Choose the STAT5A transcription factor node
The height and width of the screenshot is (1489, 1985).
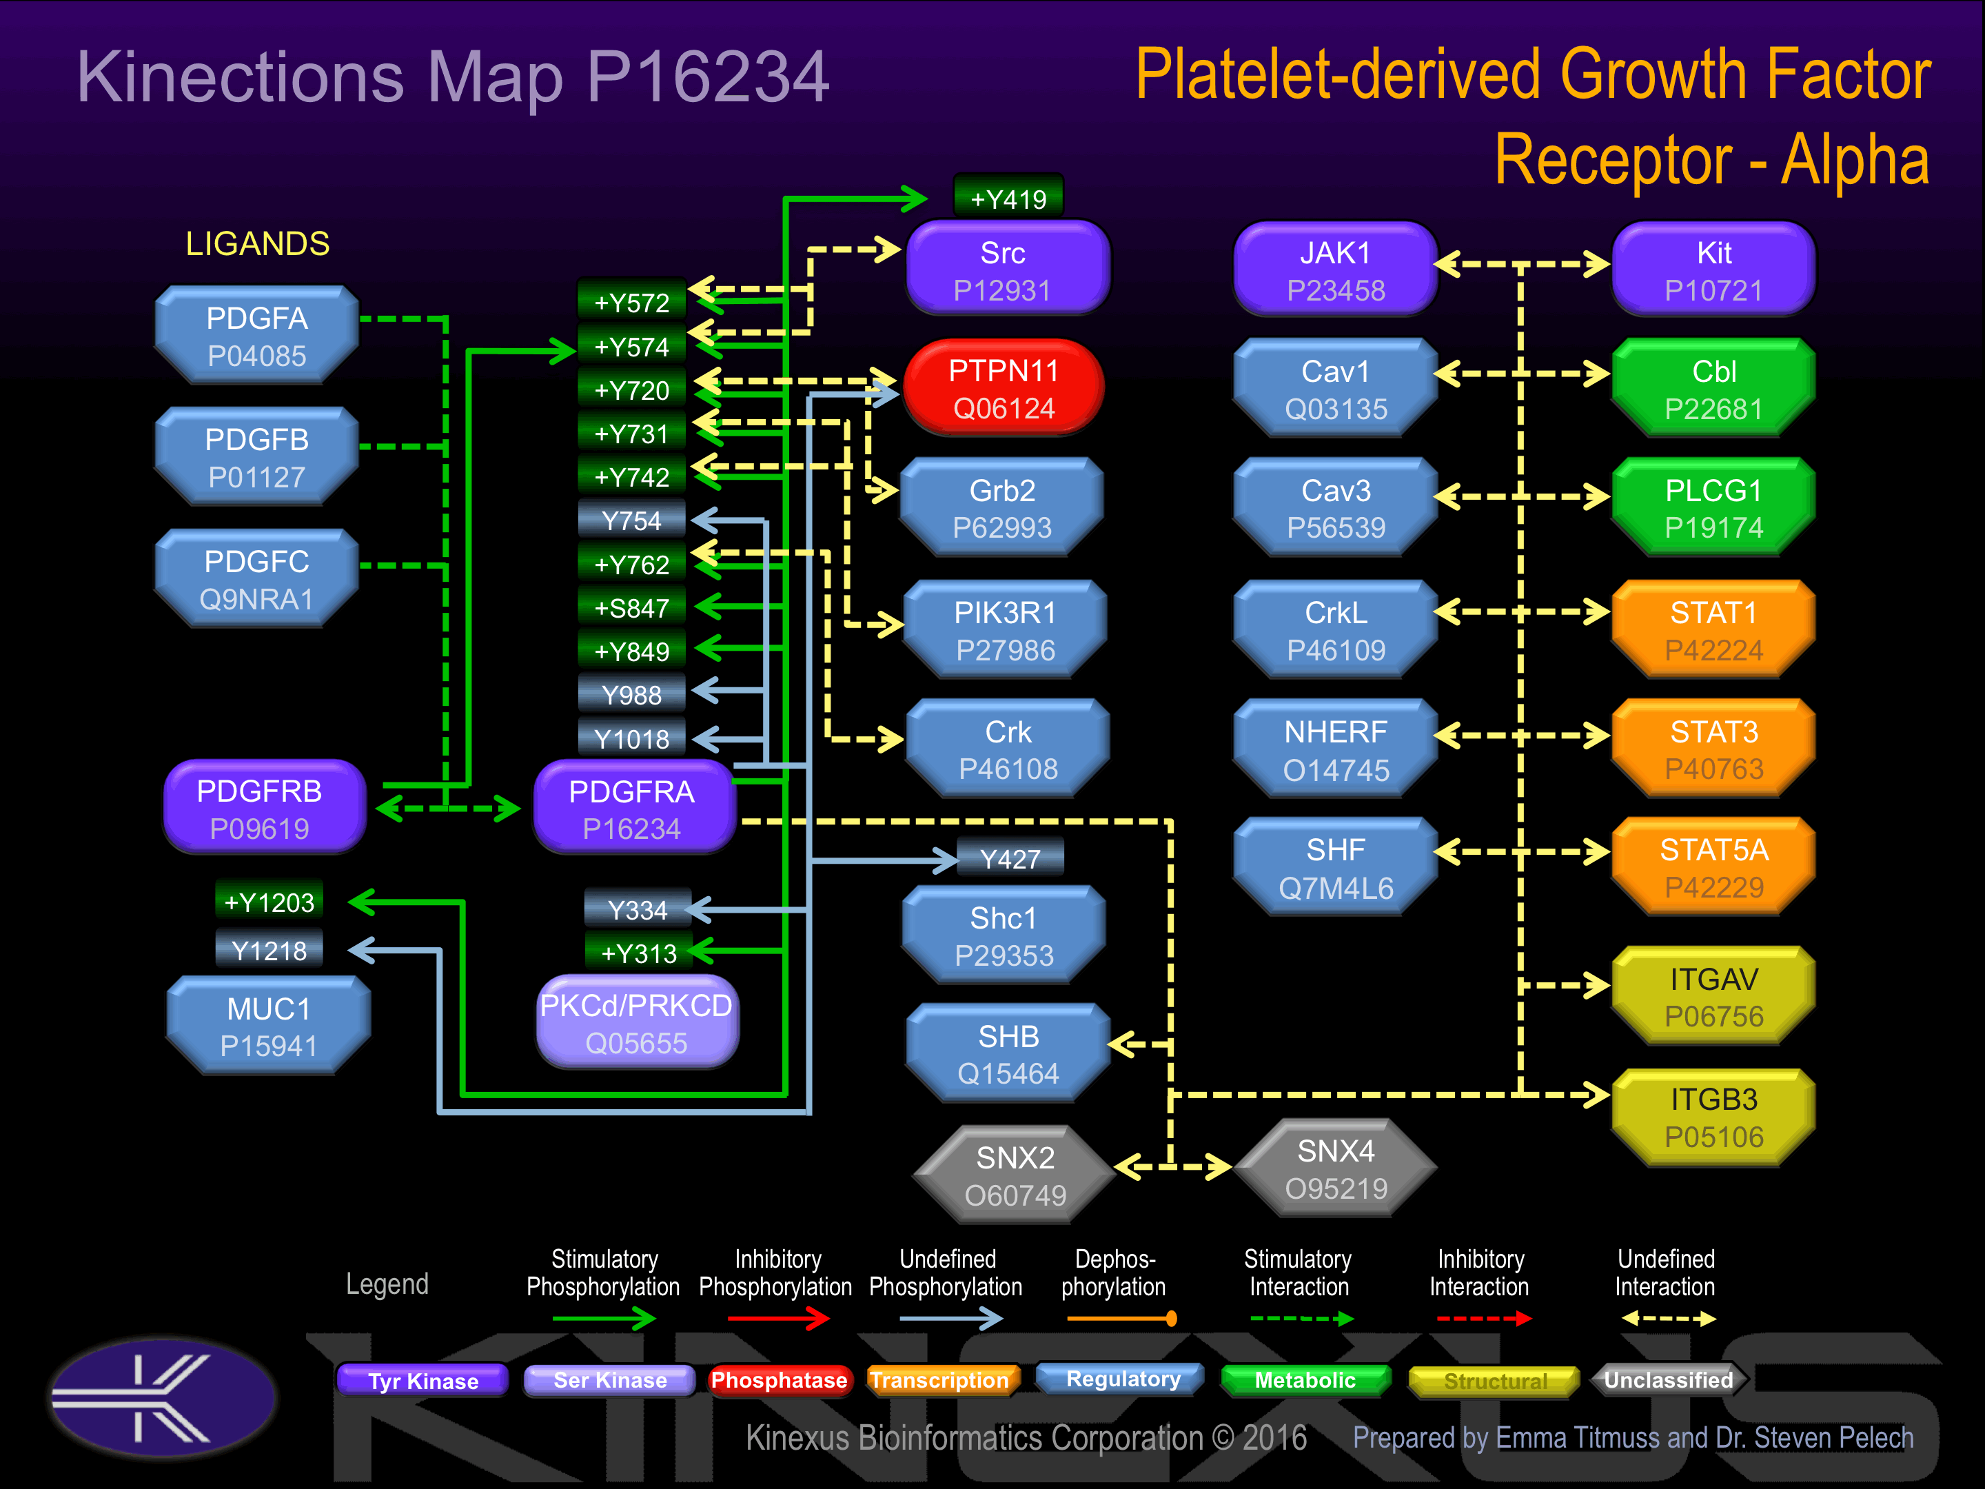(x=1713, y=867)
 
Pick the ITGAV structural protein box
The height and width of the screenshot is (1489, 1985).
(x=1713, y=996)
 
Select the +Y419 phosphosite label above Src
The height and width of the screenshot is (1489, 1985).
(x=1008, y=199)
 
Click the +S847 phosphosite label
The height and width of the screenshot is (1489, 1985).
(x=632, y=607)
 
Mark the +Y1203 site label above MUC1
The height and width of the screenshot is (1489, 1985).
(x=269, y=901)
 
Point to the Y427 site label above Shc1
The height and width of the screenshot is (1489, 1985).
(x=1010, y=859)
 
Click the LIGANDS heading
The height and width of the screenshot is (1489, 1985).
(x=258, y=243)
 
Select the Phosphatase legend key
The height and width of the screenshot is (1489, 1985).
(x=778, y=1379)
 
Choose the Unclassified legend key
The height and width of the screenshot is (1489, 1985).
(x=1668, y=1379)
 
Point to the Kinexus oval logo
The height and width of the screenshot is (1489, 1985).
(x=163, y=1397)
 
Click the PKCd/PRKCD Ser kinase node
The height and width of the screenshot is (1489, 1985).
(x=636, y=1023)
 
